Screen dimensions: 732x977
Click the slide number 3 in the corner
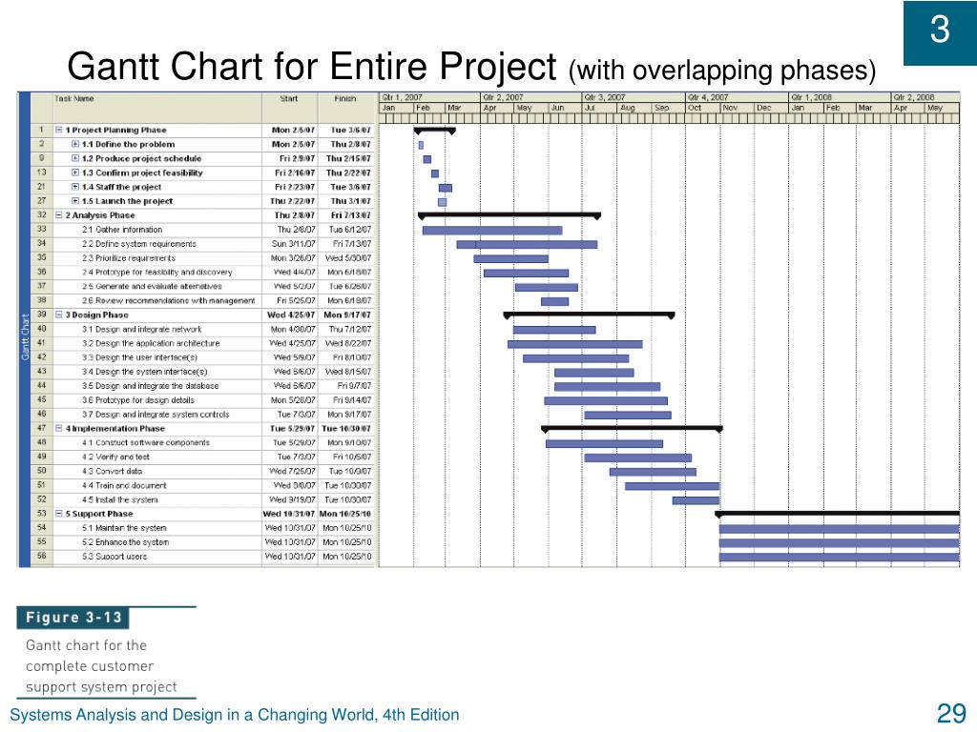tap(940, 31)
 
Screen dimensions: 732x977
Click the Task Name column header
tap(75, 98)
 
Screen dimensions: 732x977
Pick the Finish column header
tap(344, 98)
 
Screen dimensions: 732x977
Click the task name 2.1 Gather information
tap(122, 230)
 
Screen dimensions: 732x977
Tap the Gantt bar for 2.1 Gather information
tap(491, 230)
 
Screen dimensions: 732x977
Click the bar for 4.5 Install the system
tap(695, 499)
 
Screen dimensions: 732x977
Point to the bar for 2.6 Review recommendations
tap(554, 301)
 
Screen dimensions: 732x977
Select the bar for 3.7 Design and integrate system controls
tap(627, 415)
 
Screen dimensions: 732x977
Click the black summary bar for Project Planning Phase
tap(434, 129)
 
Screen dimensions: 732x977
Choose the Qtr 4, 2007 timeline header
tap(707, 97)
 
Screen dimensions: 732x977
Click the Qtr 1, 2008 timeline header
tap(810, 97)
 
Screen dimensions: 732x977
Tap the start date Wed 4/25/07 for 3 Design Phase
tap(290, 315)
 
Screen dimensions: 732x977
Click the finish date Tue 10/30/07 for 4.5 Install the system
tap(346, 499)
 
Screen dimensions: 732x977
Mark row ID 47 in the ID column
tap(42, 429)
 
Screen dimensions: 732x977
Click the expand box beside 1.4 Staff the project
tap(75, 188)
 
